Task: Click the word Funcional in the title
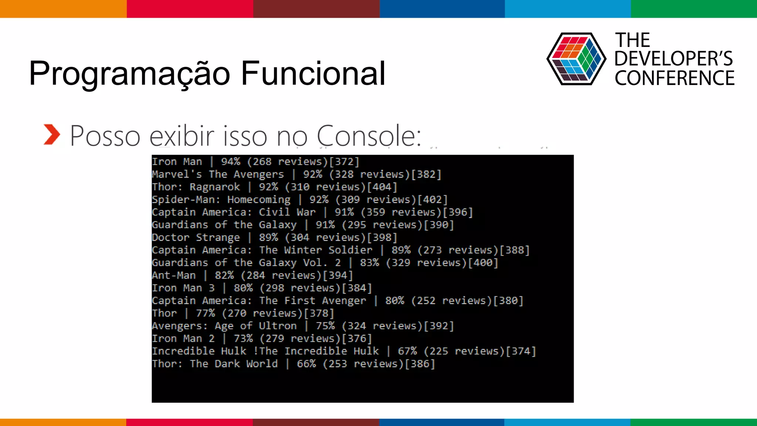pyautogui.click(x=313, y=73)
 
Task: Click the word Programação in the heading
pyautogui.click(x=130, y=74)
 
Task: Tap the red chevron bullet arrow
pyautogui.click(x=51, y=134)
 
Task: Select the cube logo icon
pyautogui.click(x=576, y=59)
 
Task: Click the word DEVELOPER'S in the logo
pyautogui.click(x=673, y=59)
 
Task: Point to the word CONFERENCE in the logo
pyautogui.click(x=675, y=78)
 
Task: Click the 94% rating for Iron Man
pyautogui.click(x=231, y=162)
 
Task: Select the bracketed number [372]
pyautogui.click(x=344, y=162)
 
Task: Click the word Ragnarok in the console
pyautogui.click(x=215, y=187)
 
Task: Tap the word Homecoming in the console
pyautogui.click(x=259, y=200)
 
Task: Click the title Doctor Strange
pyautogui.click(x=196, y=237)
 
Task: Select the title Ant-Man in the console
pyautogui.click(x=174, y=275)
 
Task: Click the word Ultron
pyautogui.click(x=278, y=326)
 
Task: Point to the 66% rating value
pyautogui.click(x=306, y=364)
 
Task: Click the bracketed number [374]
pyautogui.click(x=521, y=351)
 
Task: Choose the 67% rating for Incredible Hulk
pyautogui.click(x=407, y=351)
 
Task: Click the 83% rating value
pyautogui.click(x=370, y=263)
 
